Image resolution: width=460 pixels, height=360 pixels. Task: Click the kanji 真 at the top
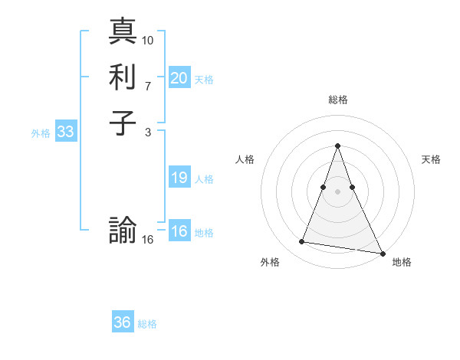[123, 33]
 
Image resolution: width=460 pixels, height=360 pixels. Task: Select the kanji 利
[123, 77]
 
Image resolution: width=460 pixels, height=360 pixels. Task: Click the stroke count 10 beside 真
[148, 40]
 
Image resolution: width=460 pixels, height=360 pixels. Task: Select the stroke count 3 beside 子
[148, 133]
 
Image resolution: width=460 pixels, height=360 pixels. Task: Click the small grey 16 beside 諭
[148, 240]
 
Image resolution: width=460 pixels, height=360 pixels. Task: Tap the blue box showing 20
[179, 77]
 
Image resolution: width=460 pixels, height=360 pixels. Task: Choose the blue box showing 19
[179, 178]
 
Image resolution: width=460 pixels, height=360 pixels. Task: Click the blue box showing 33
[66, 132]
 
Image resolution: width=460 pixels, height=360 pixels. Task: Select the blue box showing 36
[123, 322]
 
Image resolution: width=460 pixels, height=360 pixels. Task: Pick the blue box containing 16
[179, 231]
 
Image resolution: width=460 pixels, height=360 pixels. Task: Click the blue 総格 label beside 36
[148, 324]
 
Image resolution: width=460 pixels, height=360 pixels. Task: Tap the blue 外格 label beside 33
[41, 133]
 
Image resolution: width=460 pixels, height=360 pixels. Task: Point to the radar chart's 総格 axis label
[337, 100]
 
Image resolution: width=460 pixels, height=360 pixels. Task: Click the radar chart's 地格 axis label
[402, 262]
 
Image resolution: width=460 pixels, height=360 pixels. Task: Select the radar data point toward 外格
[302, 242]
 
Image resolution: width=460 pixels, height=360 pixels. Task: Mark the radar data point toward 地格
[383, 253]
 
